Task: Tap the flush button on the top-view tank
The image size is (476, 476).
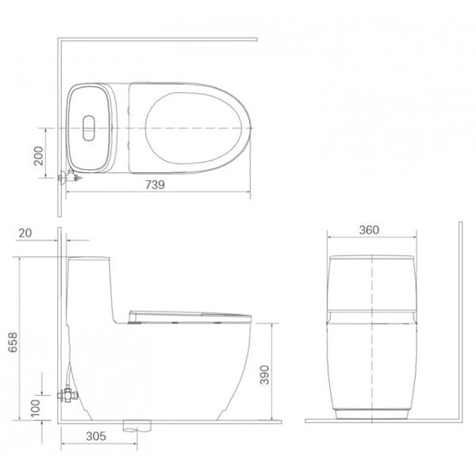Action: [87, 125]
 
